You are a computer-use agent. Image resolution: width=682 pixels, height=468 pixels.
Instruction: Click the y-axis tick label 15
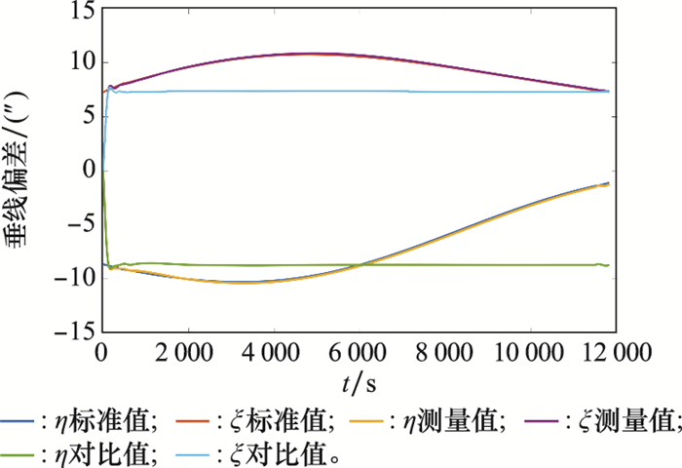click(x=78, y=11)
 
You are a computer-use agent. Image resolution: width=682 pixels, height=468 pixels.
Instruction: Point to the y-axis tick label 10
click(x=78, y=63)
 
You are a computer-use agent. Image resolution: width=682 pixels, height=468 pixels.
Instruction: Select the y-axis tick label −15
click(x=72, y=332)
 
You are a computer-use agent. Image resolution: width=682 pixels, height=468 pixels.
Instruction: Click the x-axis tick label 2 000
click(x=186, y=352)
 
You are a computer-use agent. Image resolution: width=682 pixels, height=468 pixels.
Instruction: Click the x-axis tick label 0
click(x=101, y=352)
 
